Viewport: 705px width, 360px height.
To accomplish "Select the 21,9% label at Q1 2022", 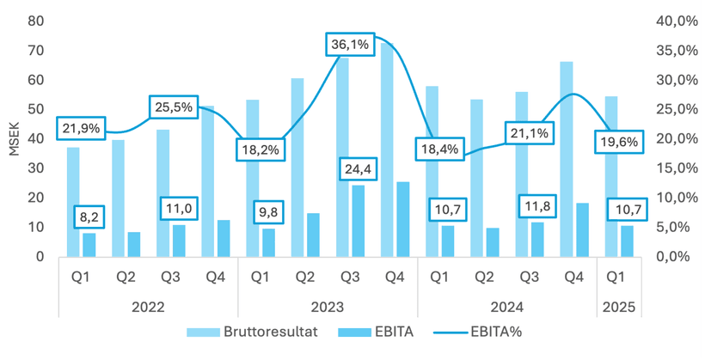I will click(81, 129).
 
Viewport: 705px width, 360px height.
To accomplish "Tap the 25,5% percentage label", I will click(175, 107).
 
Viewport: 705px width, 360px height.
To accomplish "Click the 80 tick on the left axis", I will click(35, 21).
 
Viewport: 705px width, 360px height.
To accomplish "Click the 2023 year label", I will click(327, 305).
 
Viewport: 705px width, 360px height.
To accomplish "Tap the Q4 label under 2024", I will click(573, 278).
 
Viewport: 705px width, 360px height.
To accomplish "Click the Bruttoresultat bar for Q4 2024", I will click(566, 159).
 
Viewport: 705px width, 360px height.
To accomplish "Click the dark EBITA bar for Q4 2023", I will click(402, 219).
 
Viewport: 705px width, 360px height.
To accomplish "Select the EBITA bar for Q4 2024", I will click(582, 229).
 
